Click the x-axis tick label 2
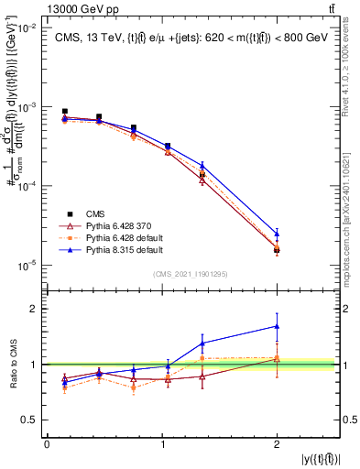click(277, 444)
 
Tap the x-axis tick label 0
click(47, 444)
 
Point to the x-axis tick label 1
click(162, 444)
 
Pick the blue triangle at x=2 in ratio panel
click(277, 326)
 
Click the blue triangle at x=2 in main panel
click(277, 234)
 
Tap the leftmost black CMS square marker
click(64, 111)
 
